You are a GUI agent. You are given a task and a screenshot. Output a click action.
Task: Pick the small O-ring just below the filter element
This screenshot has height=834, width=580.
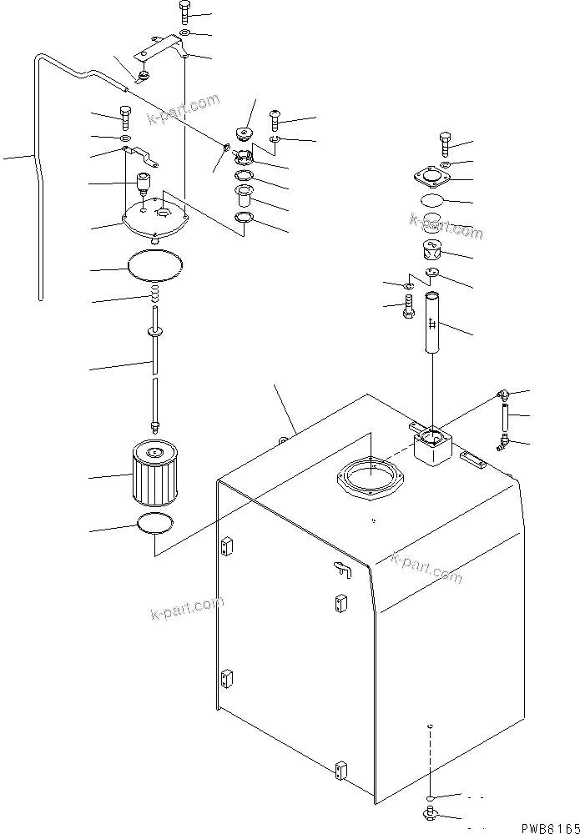pos(154,525)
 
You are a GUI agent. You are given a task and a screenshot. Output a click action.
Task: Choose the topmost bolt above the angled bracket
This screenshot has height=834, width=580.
pos(184,13)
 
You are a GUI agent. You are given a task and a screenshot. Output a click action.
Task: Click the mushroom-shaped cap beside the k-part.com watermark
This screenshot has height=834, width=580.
pos(246,133)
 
